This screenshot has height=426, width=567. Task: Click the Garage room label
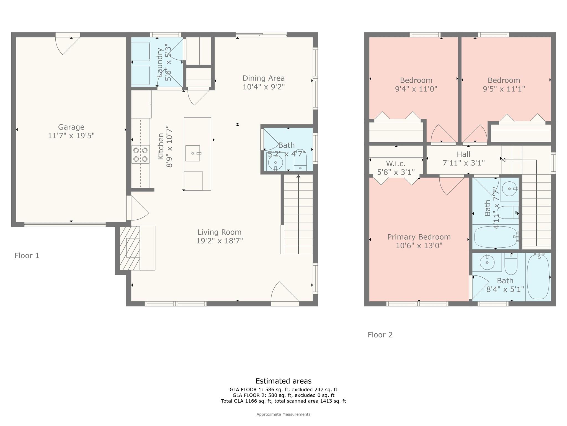click(71, 127)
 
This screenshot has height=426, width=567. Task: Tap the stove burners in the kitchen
click(140, 154)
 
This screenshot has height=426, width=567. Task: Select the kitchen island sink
click(193, 153)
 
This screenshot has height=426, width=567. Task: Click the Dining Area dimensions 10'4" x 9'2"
click(264, 87)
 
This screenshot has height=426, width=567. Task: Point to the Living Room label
click(219, 232)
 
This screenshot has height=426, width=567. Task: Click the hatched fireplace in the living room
click(130, 248)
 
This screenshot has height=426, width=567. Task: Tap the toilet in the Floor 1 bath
click(300, 161)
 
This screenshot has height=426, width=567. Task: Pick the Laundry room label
click(160, 62)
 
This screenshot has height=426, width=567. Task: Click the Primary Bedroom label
click(419, 237)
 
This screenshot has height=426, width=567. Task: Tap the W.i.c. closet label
click(396, 164)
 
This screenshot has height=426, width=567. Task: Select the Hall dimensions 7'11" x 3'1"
click(463, 163)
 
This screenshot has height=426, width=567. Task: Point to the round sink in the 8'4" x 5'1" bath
click(487, 262)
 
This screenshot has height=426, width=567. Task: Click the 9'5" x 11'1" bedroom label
click(504, 80)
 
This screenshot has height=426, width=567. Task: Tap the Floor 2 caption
click(380, 335)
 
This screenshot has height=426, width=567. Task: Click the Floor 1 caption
click(27, 255)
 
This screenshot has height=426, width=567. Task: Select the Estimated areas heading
click(283, 381)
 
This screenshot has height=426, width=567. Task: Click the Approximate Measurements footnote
click(283, 414)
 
